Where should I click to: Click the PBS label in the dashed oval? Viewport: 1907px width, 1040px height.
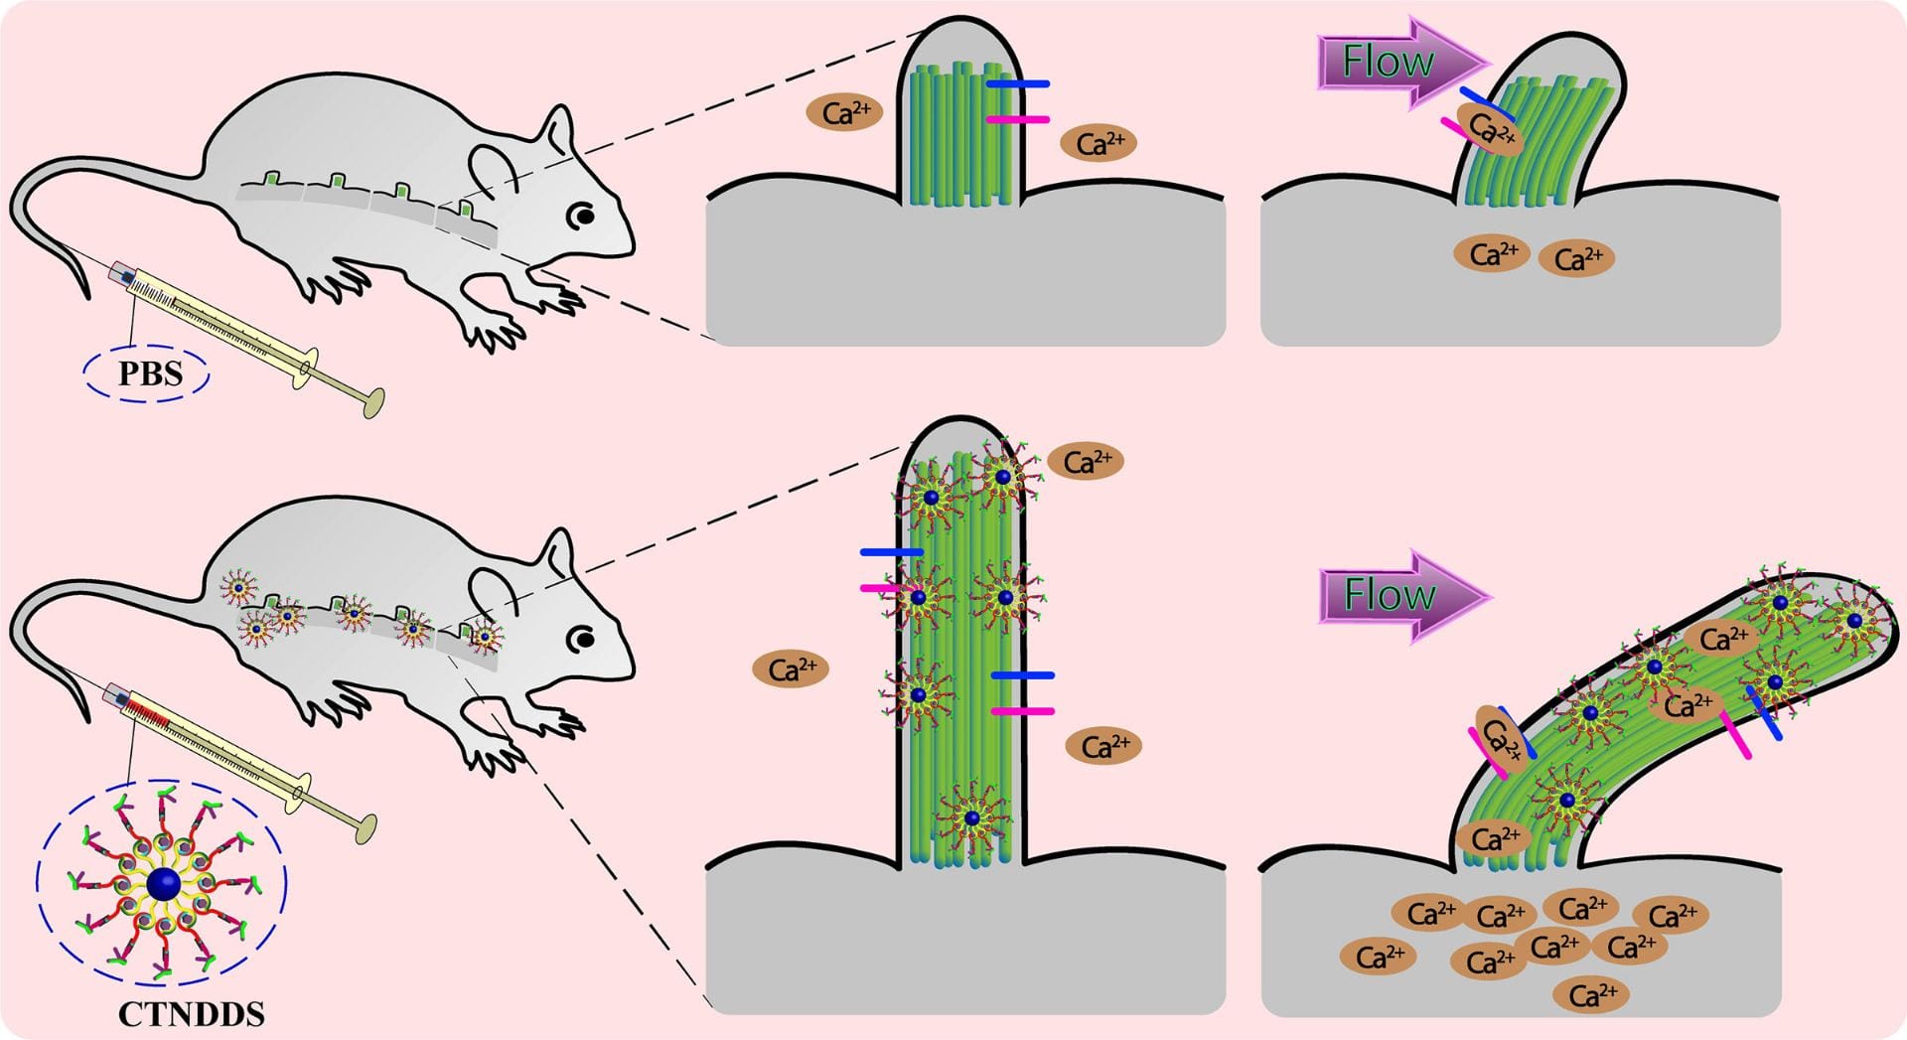[150, 374]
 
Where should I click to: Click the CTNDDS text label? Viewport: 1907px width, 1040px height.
[192, 1014]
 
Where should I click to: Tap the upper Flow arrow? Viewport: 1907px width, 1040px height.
[1400, 62]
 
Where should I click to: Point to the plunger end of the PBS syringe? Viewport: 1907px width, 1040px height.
[374, 402]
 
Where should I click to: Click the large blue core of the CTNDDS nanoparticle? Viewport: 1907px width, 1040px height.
[163, 883]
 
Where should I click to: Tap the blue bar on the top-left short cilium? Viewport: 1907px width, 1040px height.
[1018, 84]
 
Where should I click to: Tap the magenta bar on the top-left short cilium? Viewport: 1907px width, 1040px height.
[1018, 119]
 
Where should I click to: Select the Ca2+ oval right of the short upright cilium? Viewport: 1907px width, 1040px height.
[1100, 143]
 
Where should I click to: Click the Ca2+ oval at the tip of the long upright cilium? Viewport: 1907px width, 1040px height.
[1087, 461]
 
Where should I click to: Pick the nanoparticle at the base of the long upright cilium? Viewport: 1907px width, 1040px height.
[972, 818]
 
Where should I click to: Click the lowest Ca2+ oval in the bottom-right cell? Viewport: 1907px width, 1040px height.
[1592, 993]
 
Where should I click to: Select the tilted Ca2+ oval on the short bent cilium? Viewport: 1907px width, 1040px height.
[1491, 128]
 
